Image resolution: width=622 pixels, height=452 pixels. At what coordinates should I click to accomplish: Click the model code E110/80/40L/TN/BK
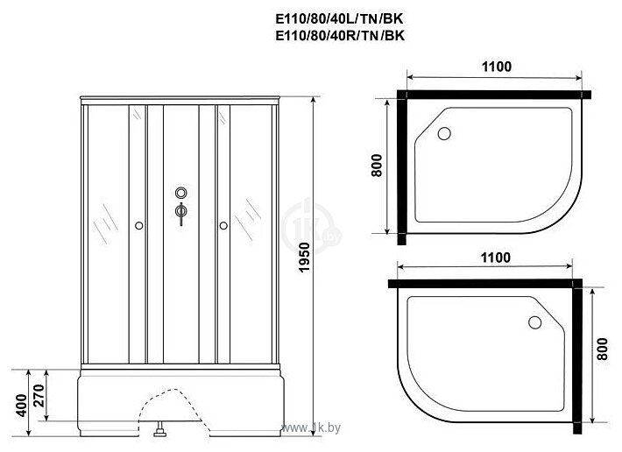click(x=340, y=19)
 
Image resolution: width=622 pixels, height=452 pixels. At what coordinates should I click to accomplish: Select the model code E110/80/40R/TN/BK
click(x=340, y=36)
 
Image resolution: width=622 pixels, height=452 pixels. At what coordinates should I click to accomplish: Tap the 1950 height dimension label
click(x=304, y=257)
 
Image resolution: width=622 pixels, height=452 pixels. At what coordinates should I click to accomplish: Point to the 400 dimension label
click(x=23, y=406)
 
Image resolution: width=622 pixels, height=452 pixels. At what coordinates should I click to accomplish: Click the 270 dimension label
click(x=39, y=395)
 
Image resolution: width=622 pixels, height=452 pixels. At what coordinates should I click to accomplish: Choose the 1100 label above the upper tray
click(x=496, y=67)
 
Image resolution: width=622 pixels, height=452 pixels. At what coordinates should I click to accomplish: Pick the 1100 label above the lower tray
click(x=496, y=258)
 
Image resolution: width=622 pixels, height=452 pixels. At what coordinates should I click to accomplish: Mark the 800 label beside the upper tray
click(x=377, y=166)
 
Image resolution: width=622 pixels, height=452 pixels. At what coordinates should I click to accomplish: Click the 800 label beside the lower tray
click(x=602, y=349)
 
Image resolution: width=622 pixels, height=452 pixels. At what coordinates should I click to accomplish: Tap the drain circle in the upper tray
click(x=444, y=134)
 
